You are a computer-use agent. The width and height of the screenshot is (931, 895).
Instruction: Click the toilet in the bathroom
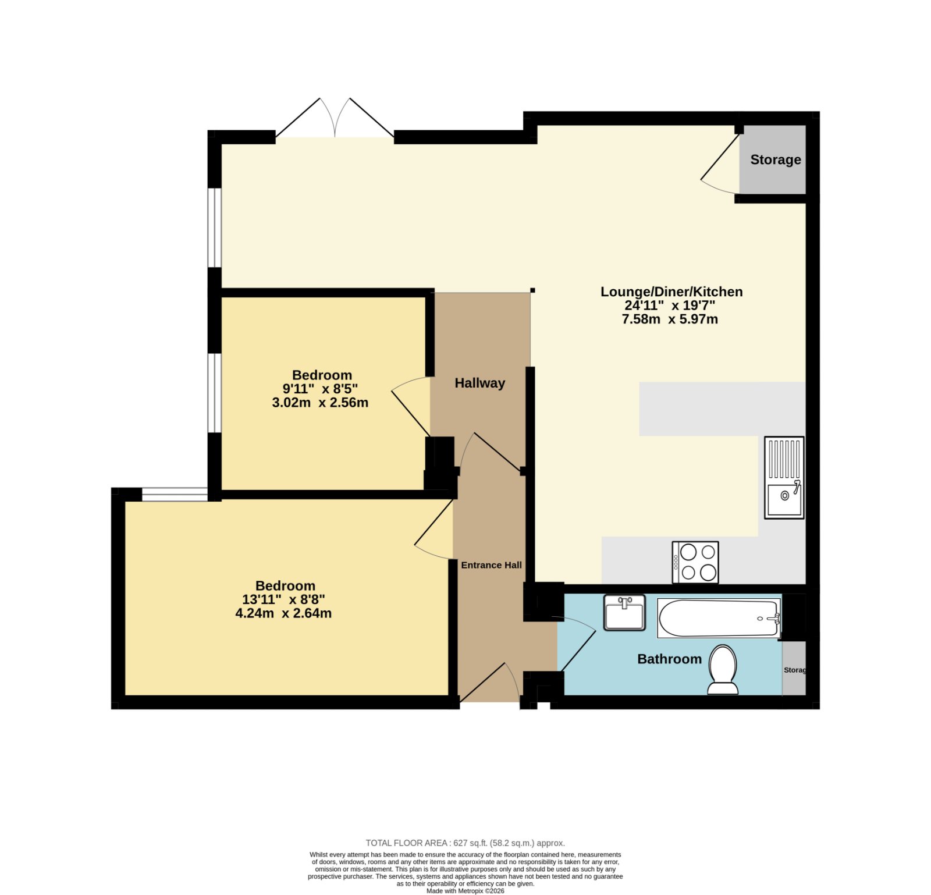click(x=723, y=670)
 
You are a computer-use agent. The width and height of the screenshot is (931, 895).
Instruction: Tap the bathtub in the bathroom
click(x=719, y=618)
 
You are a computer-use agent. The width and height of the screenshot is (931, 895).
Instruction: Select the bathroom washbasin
click(x=624, y=612)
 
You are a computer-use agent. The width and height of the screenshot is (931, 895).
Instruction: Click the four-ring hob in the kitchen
click(x=695, y=562)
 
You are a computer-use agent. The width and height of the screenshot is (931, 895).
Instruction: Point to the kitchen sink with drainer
click(x=784, y=477)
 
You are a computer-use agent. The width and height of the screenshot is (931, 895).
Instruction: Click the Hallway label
click(x=479, y=383)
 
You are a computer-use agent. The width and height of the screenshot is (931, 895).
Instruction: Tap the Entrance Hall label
click(x=491, y=565)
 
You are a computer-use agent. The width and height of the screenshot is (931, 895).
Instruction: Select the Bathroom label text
click(x=669, y=659)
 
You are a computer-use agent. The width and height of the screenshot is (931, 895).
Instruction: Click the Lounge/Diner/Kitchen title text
click(x=671, y=292)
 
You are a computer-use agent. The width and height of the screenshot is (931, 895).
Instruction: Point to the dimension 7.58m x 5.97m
click(x=670, y=319)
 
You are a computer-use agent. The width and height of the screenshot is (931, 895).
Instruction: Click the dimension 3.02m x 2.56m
click(x=320, y=402)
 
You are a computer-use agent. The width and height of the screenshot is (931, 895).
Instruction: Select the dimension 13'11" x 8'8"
click(x=283, y=599)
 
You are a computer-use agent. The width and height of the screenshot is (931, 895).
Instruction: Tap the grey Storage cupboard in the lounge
click(x=773, y=159)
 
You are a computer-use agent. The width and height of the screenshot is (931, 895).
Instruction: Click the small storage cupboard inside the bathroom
click(x=794, y=668)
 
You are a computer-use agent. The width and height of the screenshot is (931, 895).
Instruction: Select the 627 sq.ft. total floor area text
click(x=465, y=843)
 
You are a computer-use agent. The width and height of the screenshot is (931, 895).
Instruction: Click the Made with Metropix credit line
click(x=465, y=891)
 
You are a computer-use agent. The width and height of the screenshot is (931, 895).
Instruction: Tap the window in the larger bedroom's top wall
click(x=175, y=495)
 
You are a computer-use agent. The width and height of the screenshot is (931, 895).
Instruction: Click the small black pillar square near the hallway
click(x=532, y=290)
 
